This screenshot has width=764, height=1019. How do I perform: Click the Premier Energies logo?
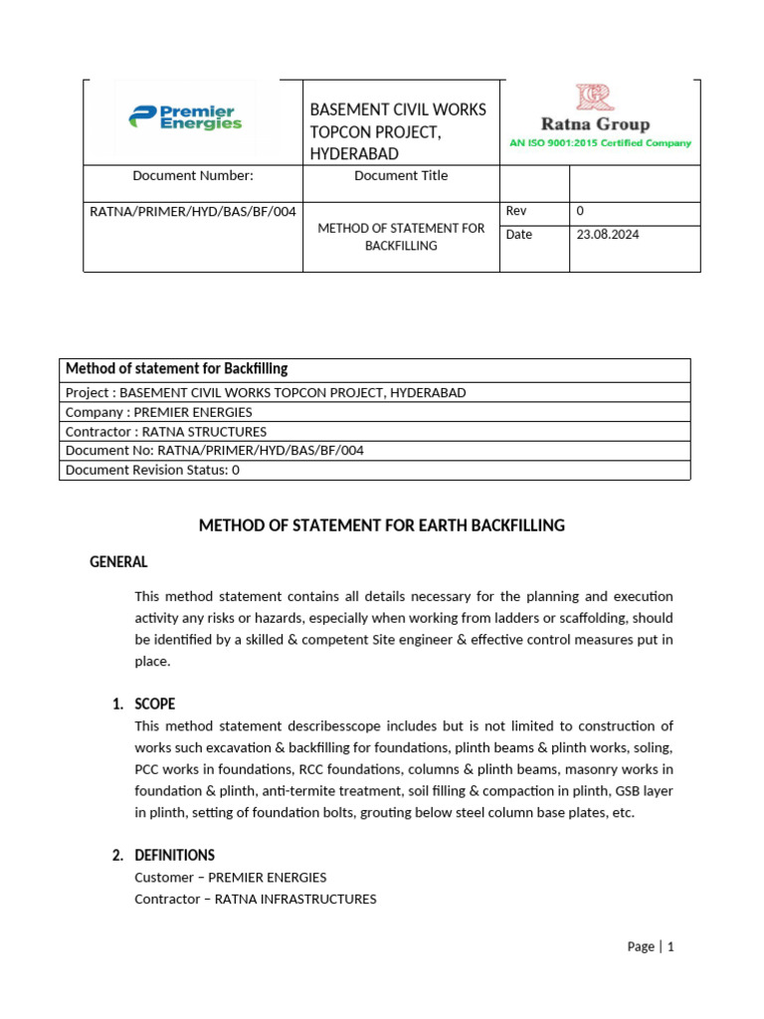click(x=185, y=118)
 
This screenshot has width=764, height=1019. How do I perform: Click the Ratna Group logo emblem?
click(x=595, y=98)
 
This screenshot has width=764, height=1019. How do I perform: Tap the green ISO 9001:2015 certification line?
click(x=600, y=143)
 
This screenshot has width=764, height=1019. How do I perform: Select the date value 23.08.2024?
click(x=608, y=235)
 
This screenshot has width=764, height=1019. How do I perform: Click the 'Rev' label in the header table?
click(x=516, y=211)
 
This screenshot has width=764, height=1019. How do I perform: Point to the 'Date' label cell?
click(x=518, y=235)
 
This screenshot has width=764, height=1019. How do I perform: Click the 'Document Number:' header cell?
click(x=193, y=176)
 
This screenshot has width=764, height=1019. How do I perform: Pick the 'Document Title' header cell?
click(x=401, y=176)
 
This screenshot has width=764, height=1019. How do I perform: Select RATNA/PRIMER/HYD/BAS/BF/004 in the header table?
click(x=193, y=211)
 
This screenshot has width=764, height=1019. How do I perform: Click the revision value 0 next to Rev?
click(x=580, y=211)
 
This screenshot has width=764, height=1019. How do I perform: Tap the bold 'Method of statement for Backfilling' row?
click(x=177, y=368)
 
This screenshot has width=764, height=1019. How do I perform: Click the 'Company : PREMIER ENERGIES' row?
click(x=159, y=412)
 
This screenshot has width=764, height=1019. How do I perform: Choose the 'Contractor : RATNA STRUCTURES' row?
click(x=166, y=431)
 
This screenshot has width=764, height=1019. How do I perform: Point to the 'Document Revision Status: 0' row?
click(x=152, y=470)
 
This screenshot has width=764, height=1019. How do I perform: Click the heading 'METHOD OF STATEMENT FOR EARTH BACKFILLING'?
click(x=382, y=525)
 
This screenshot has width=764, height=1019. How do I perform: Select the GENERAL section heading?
click(x=118, y=562)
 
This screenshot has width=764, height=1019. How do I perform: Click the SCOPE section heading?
click(x=154, y=704)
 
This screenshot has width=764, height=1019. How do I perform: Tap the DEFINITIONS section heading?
click(x=174, y=855)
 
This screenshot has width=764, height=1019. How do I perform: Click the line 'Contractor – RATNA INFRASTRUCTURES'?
click(x=256, y=899)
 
